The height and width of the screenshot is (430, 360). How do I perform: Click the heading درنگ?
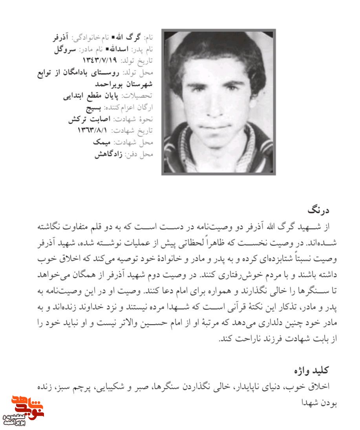coord(319,210)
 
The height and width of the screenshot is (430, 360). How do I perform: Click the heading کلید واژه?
coord(312,370)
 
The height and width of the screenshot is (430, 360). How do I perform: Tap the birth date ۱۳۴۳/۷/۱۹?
coord(100,60)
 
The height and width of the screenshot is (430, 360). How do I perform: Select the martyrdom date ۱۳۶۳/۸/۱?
coord(95,130)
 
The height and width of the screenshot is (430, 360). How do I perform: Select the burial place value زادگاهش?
coord(109,154)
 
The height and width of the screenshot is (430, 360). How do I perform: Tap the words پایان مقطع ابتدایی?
coord(91,95)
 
